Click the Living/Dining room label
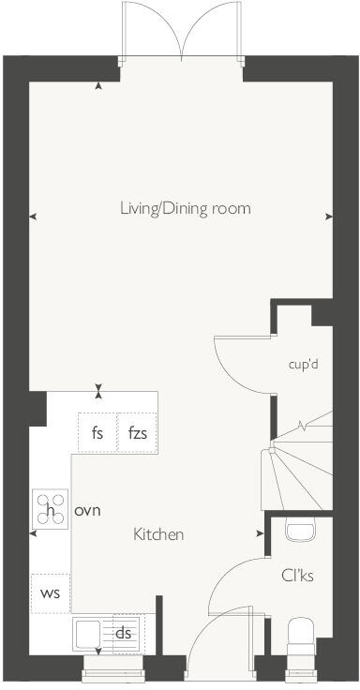[x=185, y=208]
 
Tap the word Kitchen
[x=157, y=534]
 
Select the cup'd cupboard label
[x=303, y=364]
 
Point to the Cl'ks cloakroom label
[x=296, y=575]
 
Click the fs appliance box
[x=97, y=433]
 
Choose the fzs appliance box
[x=137, y=433]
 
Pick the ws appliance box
[x=49, y=593]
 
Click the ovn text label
[x=87, y=511]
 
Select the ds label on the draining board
[x=122, y=633]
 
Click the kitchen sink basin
[x=91, y=635]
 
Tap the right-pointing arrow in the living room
[x=328, y=217]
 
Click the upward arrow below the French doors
[x=99, y=88]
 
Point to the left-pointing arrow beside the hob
[x=34, y=534]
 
